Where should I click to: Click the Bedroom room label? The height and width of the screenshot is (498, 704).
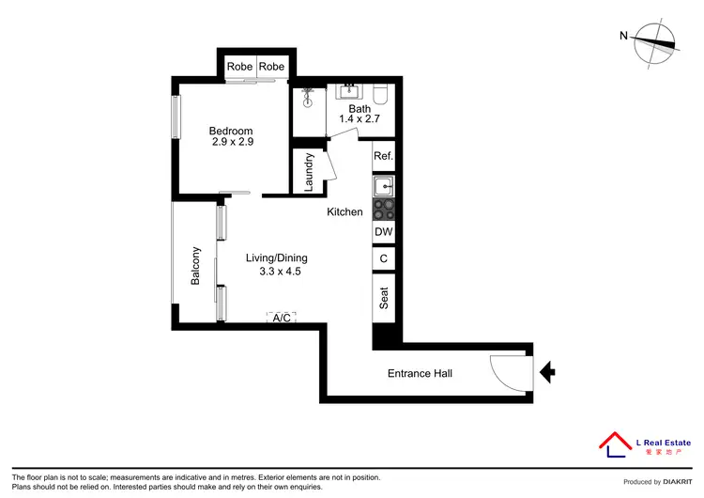tap(231, 131)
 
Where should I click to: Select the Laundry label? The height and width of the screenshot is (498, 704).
tap(309, 172)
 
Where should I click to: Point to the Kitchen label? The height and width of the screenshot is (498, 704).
tap(344, 212)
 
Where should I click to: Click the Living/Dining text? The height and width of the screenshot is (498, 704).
tap(277, 258)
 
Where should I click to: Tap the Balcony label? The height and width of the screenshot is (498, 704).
tap(196, 266)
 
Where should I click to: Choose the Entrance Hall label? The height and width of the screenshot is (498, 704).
tap(420, 374)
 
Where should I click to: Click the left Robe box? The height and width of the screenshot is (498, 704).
tap(240, 67)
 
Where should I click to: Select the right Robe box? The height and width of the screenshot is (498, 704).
tap(272, 67)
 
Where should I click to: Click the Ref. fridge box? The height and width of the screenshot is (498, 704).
tap(383, 156)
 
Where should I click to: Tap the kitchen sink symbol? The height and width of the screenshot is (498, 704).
tap(383, 186)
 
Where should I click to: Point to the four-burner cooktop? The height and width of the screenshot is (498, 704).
tap(383, 209)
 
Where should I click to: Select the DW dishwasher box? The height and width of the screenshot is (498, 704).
tap(383, 232)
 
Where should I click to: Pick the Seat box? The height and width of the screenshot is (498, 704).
tap(384, 299)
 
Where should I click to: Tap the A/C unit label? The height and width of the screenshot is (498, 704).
tap(281, 319)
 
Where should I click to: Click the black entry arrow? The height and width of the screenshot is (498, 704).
tap(548, 374)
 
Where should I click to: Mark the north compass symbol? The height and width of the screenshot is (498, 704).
tap(653, 41)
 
